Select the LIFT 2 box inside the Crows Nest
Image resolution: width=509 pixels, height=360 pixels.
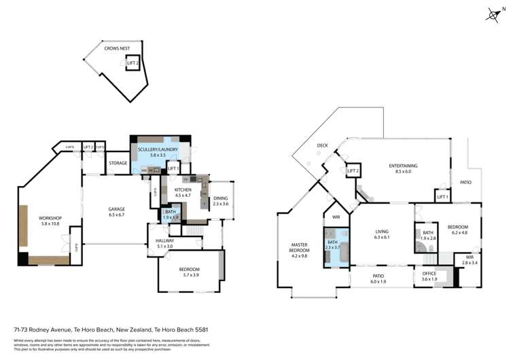click(x=133, y=63)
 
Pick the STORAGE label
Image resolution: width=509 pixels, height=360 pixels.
click(x=118, y=163)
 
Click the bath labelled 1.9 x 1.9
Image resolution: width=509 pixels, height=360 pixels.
click(x=170, y=215)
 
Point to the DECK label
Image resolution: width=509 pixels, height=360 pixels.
click(x=322, y=145)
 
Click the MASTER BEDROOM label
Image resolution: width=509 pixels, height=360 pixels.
click(x=300, y=251)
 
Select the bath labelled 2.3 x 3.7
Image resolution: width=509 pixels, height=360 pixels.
click(x=332, y=247)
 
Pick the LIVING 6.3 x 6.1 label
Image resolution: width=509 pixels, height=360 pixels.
click(x=381, y=235)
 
